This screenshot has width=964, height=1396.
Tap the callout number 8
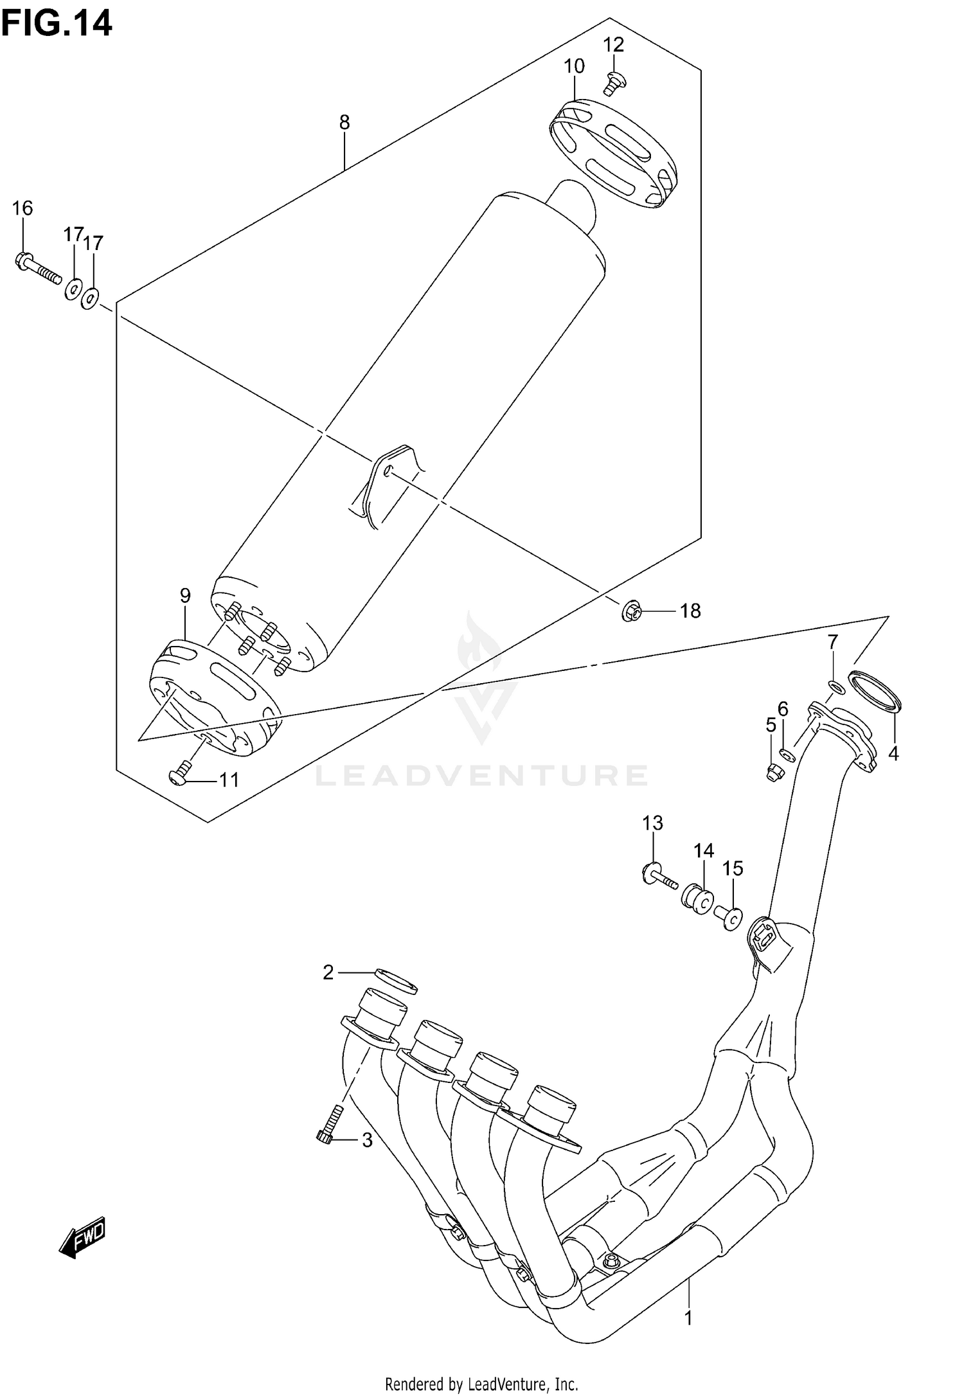click(344, 122)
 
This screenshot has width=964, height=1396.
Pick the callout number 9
click(185, 595)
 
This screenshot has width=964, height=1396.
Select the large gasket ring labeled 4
click(875, 694)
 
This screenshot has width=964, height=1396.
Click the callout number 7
click(832, 641)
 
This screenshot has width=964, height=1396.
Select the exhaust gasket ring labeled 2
click(395, 997)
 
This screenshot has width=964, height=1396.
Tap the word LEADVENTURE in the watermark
click(481, 776)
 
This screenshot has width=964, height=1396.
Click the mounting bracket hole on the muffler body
click(388, 472)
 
